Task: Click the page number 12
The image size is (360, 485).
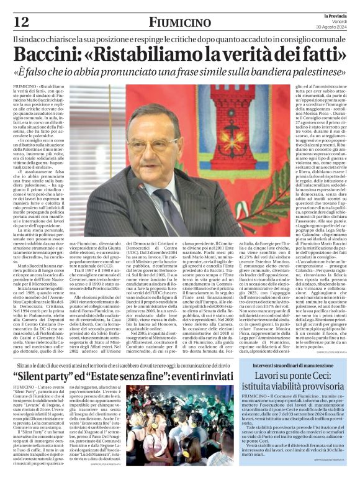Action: pyautogui.click(x=21, y=22)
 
